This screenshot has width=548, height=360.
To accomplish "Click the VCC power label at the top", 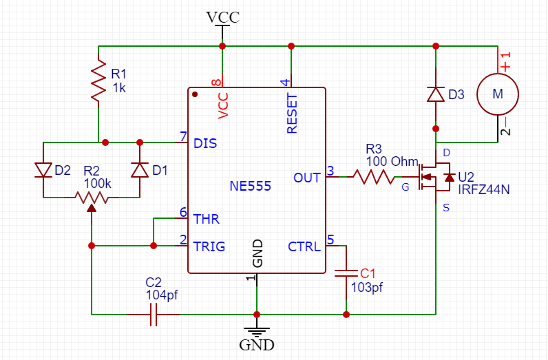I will tap(222, 17).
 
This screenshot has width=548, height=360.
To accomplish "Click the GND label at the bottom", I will tap(257, 345).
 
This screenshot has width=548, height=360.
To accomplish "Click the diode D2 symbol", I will tap(43, 169).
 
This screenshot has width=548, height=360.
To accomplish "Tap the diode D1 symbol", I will tap(140, 169).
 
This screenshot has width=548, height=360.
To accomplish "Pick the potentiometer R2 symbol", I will tap(92, 198).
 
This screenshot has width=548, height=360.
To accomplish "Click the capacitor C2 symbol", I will tap(154, 315).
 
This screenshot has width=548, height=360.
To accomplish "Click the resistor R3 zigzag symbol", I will tap(374, 178).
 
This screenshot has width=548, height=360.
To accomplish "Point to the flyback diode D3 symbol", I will tap(435, 94).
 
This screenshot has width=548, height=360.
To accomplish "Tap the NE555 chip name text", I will tap(250, 187).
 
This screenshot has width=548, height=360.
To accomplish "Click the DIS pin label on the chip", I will tap(205, 144).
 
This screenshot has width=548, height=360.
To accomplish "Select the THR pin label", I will tap(207, 219).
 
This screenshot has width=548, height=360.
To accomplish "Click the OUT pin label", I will tap(307, 178).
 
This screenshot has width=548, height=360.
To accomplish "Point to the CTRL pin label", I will tap(304, 246).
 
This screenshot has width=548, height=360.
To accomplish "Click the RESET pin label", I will tap(292, 113).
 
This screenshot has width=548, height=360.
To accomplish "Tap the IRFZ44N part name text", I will tap(484, 191).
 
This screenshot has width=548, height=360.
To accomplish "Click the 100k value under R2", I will tap(97, 184).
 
